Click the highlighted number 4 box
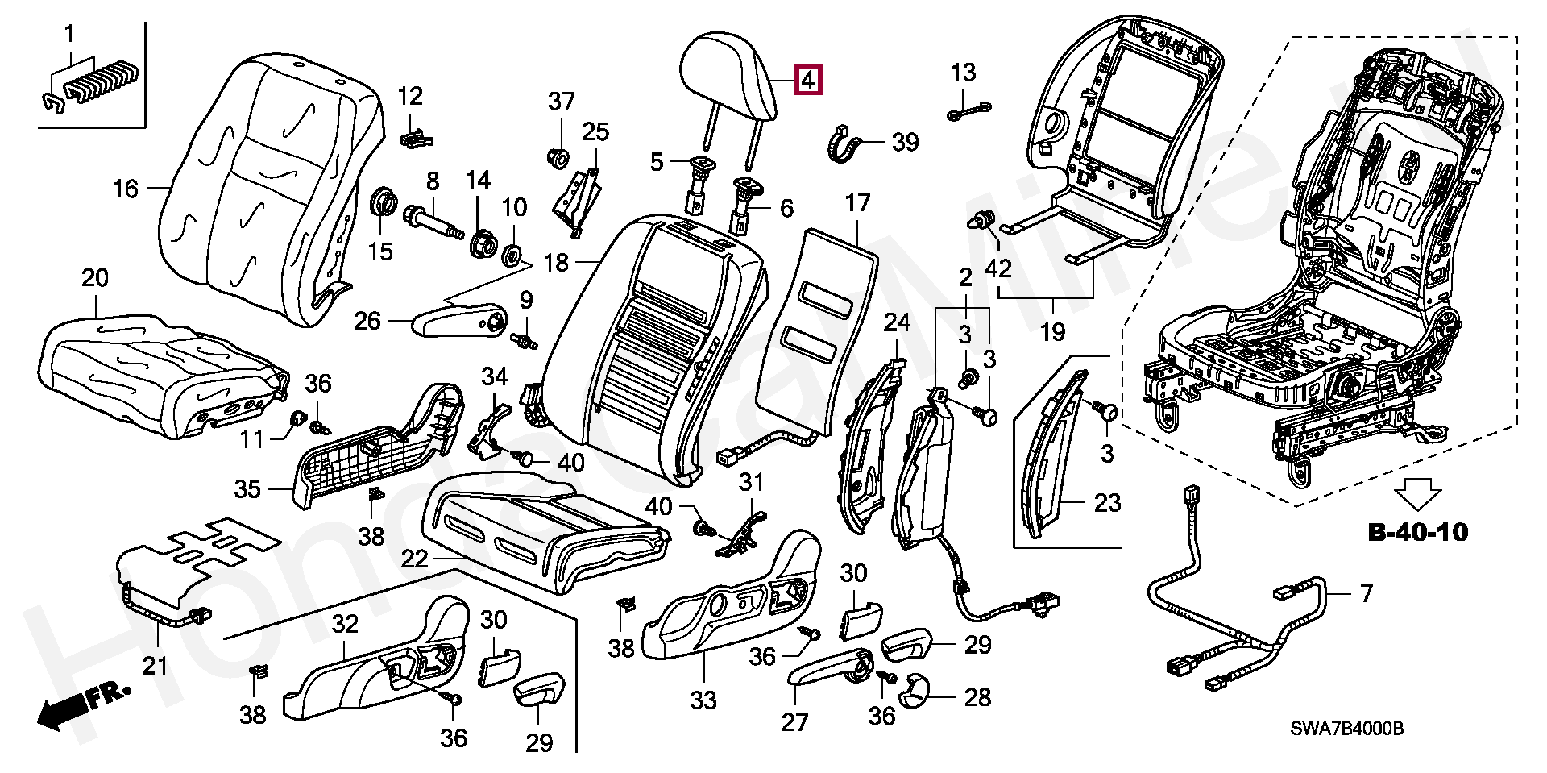(x=808, y=81)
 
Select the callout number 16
(x=126, y=189)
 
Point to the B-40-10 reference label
(x=1417, y=532)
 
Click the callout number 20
(x=95, y=279)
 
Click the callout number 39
(x=928, y=143)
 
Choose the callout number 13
(x=963, y=73)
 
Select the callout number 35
(x=248, y=488)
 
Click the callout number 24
(x=896, y=324)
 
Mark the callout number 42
(x=997, y=267)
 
